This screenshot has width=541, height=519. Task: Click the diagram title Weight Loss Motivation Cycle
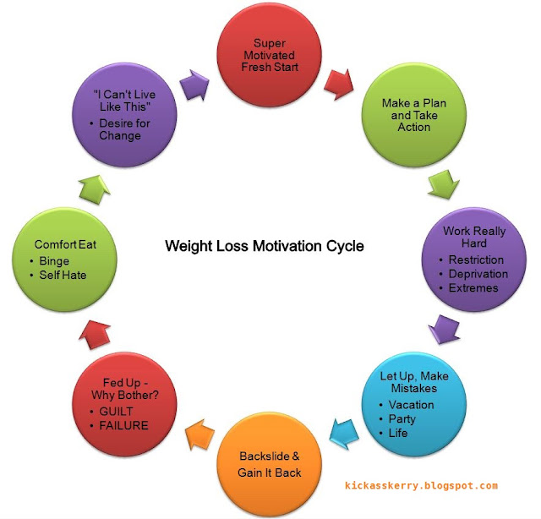[x=264, y=247]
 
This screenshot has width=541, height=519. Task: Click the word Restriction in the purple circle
[x=477, y=259]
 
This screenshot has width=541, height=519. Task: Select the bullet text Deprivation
[x=479, y=274]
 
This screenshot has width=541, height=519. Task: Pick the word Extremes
[x=474, y=288]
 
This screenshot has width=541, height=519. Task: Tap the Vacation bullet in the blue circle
[x=411, y=405]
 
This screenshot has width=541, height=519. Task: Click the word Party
[x=402, y=419]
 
